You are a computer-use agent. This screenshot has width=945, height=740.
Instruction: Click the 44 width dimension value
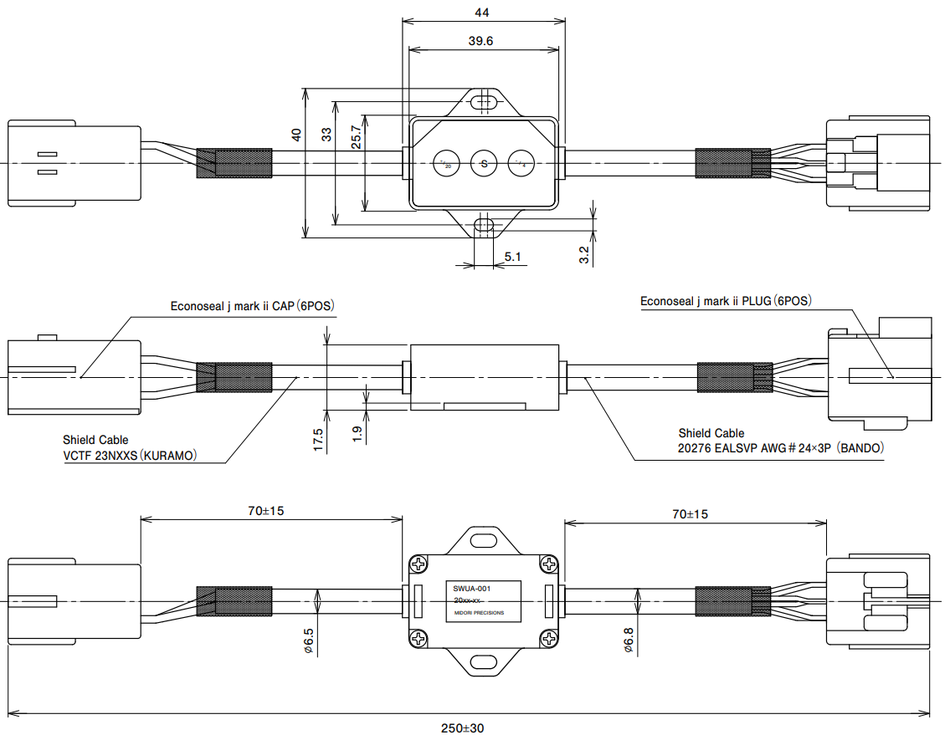coord(482,12)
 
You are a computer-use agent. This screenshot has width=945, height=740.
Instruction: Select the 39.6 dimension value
coord(481,40)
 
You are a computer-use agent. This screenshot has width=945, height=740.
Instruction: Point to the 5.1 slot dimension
coord(512,258)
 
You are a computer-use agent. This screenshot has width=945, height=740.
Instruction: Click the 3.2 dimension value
coord(584,255)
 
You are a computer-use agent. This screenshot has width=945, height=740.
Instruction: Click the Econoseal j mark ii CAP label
coord(252,306)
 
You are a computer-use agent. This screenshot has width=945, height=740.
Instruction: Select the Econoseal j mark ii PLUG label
coord(726,301)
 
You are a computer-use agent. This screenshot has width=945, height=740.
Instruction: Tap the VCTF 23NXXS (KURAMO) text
coord(130,456)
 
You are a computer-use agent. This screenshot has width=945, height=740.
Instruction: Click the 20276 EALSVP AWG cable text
coord(780,448)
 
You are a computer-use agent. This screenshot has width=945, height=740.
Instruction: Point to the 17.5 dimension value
coord(318,441)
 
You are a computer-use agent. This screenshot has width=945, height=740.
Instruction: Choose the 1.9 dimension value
coord(357,434)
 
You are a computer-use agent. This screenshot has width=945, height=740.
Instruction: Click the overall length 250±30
coord(463,728)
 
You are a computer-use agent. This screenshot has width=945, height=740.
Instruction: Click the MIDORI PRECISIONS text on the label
coord(479,613)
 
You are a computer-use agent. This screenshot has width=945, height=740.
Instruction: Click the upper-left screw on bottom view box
coord(419,564)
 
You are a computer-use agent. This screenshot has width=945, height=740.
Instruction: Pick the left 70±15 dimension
coord(264,511)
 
